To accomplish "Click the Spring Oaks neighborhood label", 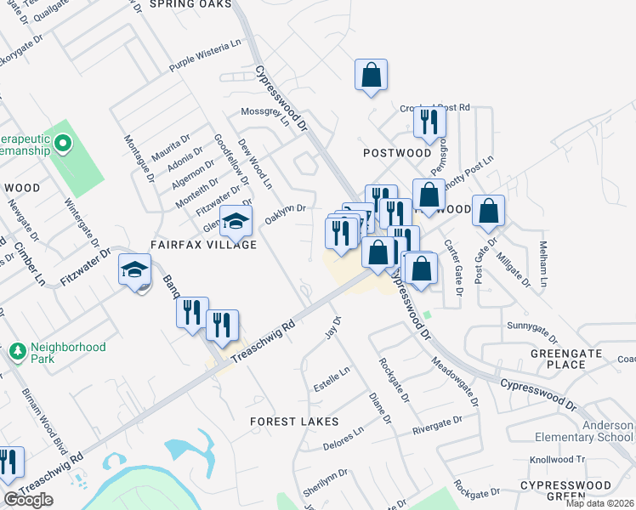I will point(190,4).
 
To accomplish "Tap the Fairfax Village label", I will point(203,245).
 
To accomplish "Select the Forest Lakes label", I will point(294,422).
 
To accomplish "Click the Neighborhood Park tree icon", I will point(15,351).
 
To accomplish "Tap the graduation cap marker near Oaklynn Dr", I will point(236,221).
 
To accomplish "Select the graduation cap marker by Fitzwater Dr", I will point(133,269).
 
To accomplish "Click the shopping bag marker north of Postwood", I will point(372,74).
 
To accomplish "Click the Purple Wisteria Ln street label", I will point(207,54).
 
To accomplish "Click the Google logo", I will point(28,500).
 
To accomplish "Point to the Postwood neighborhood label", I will point(397,153).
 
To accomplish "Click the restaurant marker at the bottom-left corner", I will point(7,462).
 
